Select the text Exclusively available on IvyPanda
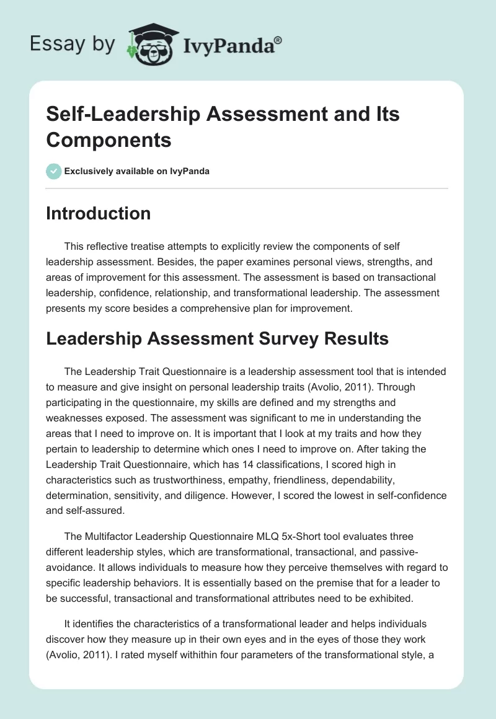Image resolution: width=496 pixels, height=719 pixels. coord(136,171)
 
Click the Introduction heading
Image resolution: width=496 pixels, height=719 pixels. coord(98,213)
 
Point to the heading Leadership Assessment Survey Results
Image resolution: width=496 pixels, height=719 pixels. coord(217,338)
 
